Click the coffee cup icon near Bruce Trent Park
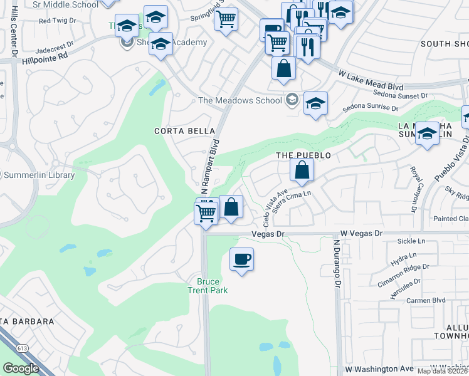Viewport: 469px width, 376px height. coord(242,259)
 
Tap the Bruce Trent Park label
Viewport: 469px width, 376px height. coord(208,286)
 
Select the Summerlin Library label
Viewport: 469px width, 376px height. coord(40,175)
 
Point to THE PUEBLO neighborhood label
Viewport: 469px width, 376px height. coord(303,155)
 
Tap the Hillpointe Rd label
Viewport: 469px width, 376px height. coord(45,56)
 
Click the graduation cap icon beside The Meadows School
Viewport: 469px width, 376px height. coord(315,103)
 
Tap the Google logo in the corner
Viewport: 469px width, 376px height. coord(21,368)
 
